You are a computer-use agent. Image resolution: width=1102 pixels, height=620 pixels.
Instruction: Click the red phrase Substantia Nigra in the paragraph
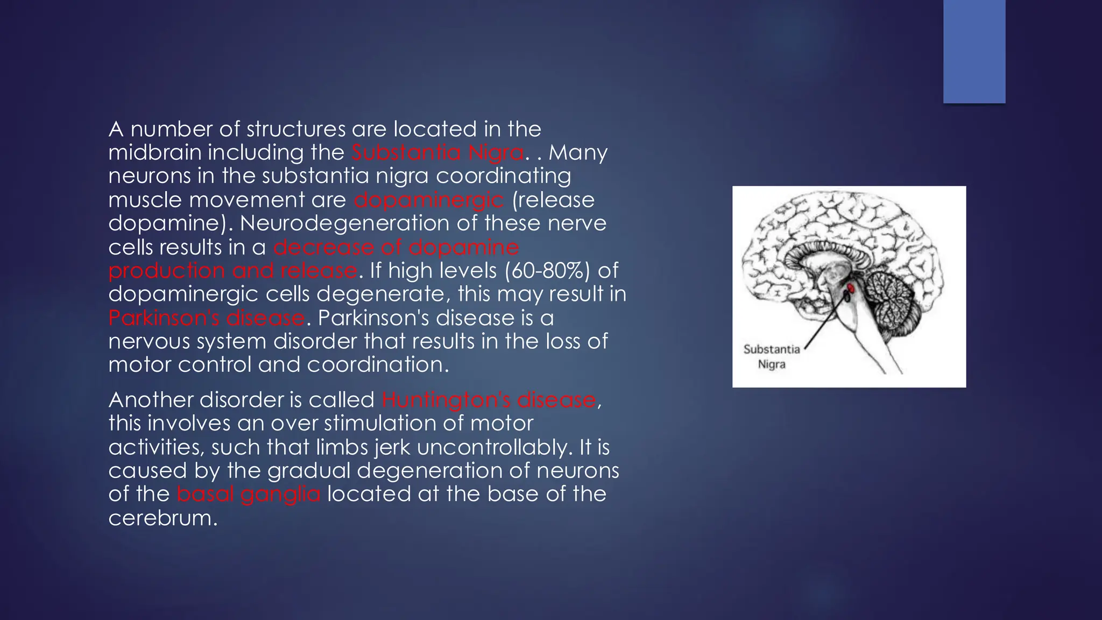click(437, 153)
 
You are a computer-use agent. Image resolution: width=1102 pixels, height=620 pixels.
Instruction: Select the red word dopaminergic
click(429, 200)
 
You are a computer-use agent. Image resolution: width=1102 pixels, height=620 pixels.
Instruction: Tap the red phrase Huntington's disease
click(489, 400)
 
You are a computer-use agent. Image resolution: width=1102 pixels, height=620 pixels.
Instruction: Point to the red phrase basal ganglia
click(248, 494)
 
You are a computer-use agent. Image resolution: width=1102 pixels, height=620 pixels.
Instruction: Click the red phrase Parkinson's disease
click(207, 318)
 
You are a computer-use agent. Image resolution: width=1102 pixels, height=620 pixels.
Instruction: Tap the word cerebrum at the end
click(163, 518)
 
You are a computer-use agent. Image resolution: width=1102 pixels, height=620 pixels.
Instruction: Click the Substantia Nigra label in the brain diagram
click(772, 357)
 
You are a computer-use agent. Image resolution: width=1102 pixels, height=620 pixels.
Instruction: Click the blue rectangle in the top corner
click(974, 51)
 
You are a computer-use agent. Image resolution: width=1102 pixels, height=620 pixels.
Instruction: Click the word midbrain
click(154, 153)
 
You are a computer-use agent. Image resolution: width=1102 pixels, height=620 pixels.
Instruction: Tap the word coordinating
click(503, 177)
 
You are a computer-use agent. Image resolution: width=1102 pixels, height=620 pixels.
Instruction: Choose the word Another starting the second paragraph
click(150, 400)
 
